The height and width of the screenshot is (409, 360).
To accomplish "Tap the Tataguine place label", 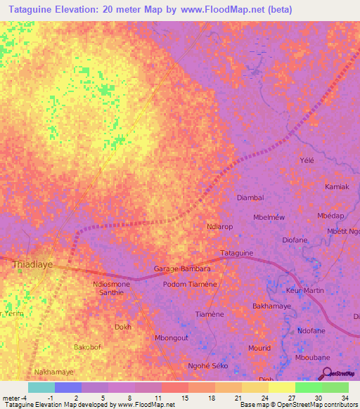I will click(x=237, y=253).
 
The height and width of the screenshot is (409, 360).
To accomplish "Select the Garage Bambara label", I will click(x=182, y=269).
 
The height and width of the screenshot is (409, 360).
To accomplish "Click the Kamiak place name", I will click(x=337, y=187).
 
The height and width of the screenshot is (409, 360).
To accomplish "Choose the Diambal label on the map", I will click(x=250, y=198).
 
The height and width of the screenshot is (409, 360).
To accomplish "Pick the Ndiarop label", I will click(x=219, y=227).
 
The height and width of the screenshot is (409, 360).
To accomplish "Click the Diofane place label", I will click(x=295, y=240).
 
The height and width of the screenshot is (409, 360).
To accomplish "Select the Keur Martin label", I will click(x=305, y=290).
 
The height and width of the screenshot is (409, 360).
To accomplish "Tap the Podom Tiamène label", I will click(x=189, y=284).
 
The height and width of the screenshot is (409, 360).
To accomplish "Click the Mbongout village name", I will click(x=171, y=338).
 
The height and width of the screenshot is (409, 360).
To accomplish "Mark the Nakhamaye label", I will click(x=53, y=370).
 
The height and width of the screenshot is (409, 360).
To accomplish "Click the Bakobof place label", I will click(x=89, y=347).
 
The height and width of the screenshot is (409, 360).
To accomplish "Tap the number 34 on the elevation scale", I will click(x=344, y=398).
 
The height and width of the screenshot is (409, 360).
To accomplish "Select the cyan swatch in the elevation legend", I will click(x=41, y=387).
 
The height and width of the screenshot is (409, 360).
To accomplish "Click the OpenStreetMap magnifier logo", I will click(x=327, y=373).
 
